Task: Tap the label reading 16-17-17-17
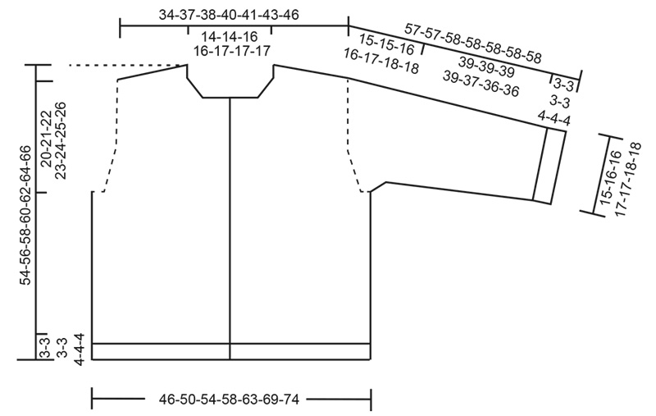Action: pyautogui.click(x=232, y=51)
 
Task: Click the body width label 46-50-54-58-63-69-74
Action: pyautogui.click(x=229, y=400)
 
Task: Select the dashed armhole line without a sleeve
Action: pyautogui.click(x=111, y=135)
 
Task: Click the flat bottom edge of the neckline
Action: pyautogui.click(x=230, y=98)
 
